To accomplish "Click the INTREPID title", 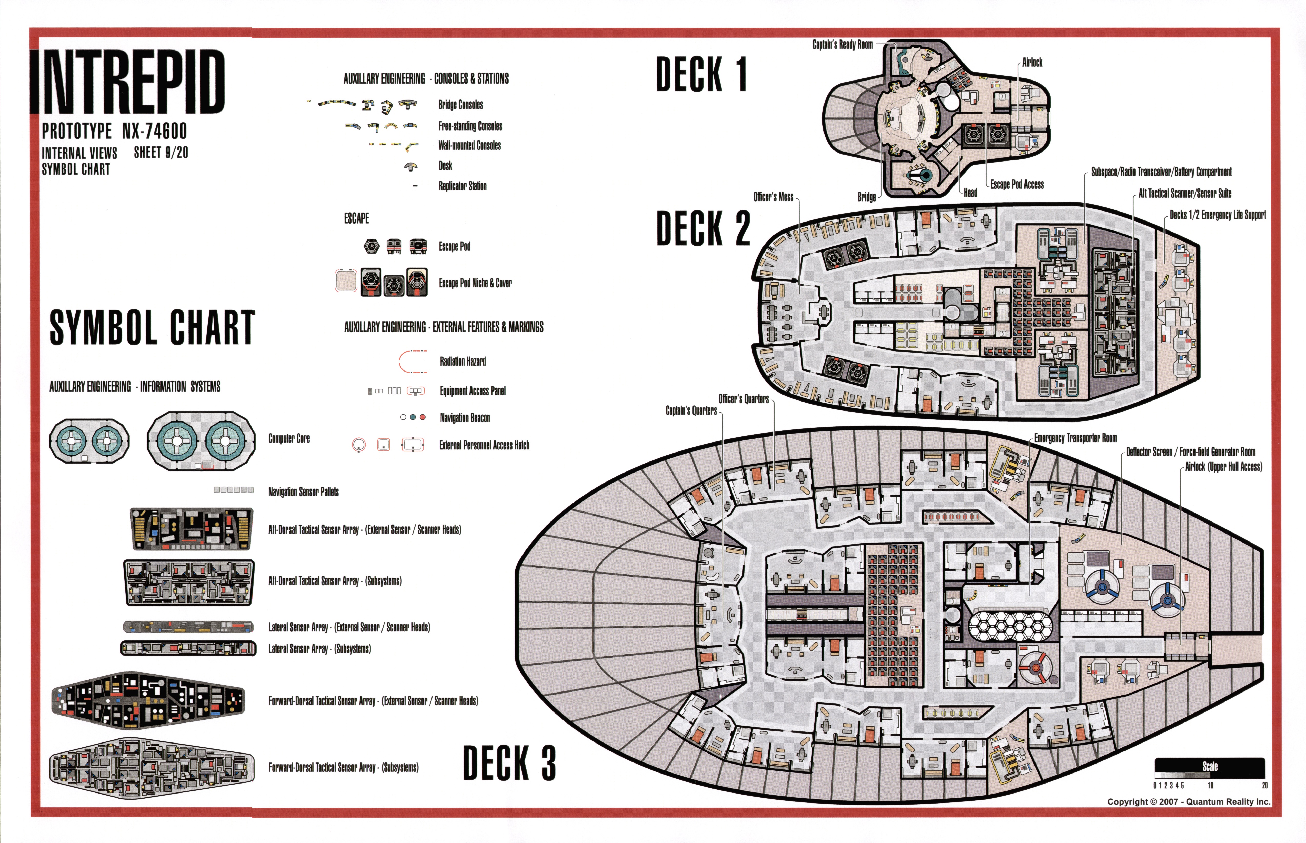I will pos(129,82).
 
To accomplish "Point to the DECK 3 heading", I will pos(509,762).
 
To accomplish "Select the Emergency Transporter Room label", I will pos(1075,438).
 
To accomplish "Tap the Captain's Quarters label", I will pos(691,410).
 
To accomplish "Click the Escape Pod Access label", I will pos(1017,185).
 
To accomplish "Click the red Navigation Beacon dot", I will pos(423,417).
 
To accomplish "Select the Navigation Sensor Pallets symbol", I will pos(234,489).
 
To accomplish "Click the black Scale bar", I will pos(1210,767).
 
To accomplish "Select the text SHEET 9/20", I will pos(161,153).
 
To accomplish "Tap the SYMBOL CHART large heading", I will pos(152,327).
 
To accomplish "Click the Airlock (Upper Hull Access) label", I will pos(1223,467).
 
